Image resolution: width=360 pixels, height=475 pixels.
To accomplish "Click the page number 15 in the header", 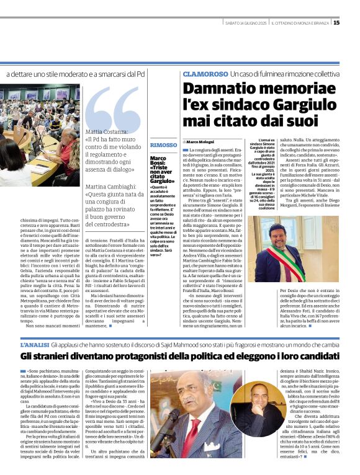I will coord(353,23).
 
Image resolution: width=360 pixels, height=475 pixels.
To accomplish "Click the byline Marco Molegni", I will coord(200,142).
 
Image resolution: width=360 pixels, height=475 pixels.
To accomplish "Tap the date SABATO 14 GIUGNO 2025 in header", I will coord(246,23).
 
